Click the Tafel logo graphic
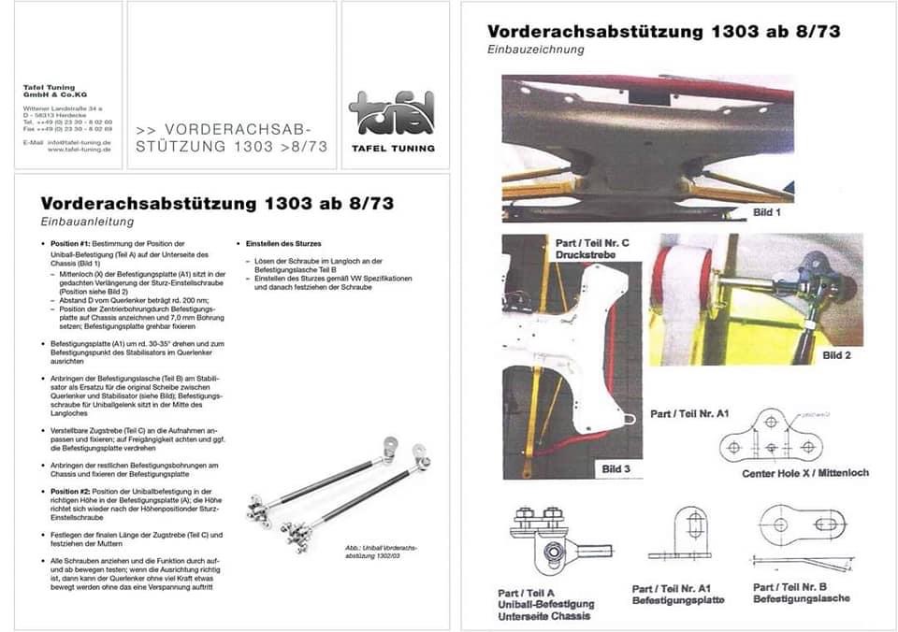click(391, 113)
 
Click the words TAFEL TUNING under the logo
click(393, 148)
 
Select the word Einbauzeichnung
click(536, 50)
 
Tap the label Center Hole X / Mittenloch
click(805, 473)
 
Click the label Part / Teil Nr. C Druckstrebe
click(592, 249)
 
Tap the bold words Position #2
click(72, 491)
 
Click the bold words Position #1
click(72, 243)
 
